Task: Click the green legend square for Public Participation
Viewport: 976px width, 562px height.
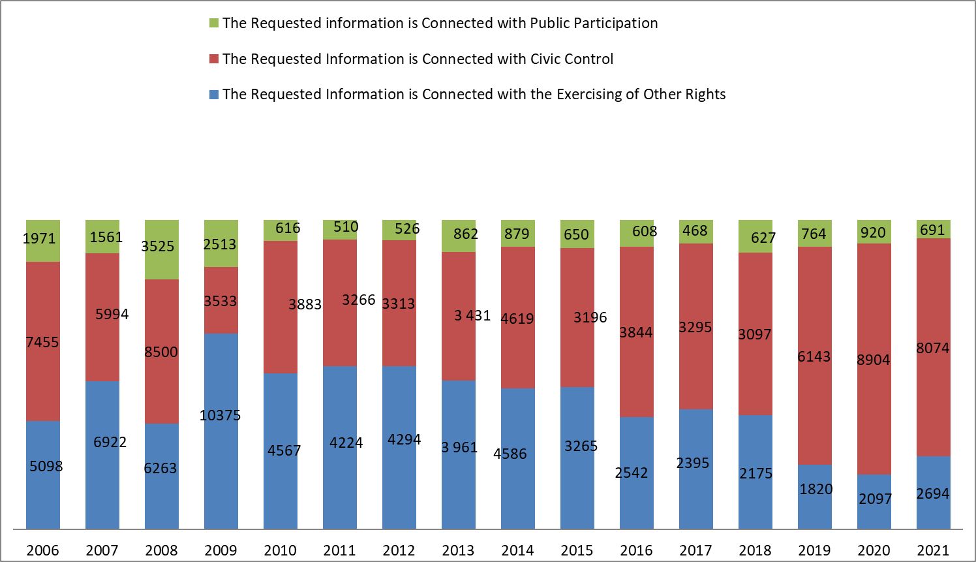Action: [213, 23]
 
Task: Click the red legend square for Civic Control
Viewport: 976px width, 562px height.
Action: [213, 59]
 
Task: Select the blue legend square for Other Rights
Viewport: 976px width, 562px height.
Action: [213, 95]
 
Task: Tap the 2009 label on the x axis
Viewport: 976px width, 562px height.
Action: [221, 550]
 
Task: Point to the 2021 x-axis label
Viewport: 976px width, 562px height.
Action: [933, 550]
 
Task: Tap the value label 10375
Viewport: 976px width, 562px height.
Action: [221, 415]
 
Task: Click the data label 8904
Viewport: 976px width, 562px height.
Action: [874, 360]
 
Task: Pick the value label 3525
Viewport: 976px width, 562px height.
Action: [158, 246]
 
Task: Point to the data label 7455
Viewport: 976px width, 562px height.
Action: [42, 342]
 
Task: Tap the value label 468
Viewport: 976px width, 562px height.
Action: [695, 230]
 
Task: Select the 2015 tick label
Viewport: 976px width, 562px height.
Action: [577, 550]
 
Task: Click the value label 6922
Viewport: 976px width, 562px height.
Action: [110, 442]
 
